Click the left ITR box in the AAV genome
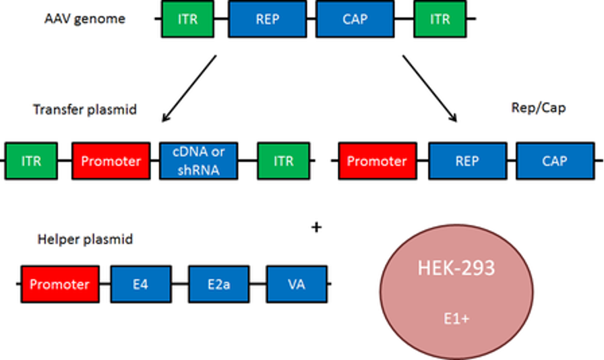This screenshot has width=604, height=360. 188,19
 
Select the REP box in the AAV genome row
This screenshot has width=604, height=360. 268,19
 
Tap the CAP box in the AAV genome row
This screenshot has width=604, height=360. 355,19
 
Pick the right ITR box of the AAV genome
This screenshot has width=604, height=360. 441,19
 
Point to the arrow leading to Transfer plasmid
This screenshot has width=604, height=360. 188,90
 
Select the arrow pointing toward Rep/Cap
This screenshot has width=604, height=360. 431,90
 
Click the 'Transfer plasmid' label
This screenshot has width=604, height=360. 85,109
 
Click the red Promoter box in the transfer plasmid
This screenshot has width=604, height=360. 111,161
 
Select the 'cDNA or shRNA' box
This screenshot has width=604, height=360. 198,161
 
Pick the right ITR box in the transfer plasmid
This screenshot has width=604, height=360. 284,161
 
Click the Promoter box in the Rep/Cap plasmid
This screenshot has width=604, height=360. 377,161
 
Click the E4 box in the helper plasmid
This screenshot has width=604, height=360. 140,284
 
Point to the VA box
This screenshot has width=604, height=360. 297,284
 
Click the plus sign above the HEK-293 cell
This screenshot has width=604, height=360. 315,228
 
